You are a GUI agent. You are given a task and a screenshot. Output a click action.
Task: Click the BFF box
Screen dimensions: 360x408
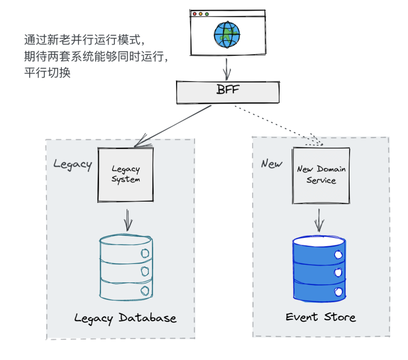228,92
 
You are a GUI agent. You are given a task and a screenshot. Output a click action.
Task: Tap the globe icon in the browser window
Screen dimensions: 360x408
227,35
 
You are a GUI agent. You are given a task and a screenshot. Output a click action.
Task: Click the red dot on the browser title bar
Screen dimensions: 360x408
194,14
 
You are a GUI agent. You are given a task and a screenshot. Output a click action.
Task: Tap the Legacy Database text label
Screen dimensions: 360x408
125,318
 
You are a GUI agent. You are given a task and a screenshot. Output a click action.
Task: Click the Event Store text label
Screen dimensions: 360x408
320,317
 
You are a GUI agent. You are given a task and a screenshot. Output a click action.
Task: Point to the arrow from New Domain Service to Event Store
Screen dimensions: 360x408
319,219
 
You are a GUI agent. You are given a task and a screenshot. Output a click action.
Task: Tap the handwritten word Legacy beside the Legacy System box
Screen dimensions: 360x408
73,164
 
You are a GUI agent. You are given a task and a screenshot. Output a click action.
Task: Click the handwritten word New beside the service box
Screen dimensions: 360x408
272,164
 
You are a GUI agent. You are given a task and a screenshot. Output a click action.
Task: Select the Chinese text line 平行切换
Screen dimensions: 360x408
48,72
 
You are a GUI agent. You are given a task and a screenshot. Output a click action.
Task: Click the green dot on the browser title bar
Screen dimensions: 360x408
207,14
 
